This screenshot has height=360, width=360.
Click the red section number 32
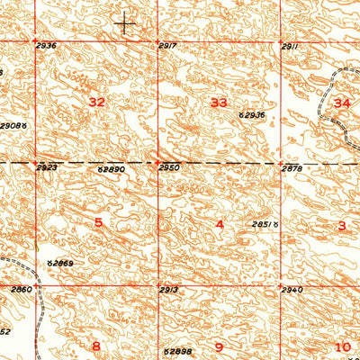click(x=97, y=103)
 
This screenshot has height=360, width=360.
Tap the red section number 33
click(x=219, y=103)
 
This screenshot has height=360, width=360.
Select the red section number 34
click(x=341, y=103)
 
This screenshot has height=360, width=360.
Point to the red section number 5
click(x=98, y=221)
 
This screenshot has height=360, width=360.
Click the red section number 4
click(x=219, y=223)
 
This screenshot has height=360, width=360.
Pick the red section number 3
click(x=341, y=225)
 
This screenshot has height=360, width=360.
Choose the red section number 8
click(x=96, y=346)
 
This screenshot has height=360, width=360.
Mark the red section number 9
click(x=218, y=346)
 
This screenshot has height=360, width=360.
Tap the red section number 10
click(x=342, y=346)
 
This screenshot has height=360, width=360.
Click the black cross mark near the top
click(x=125, y=24)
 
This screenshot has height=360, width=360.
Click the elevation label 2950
click(x=169, y=168)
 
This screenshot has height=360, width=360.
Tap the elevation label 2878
click(x=291, y=168)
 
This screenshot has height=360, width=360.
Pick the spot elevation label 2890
click(x=112, y=168)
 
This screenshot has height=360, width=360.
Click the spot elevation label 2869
click(x=61, y=262)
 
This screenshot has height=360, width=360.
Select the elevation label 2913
click(x=169, y=290)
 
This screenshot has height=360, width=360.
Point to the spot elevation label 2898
click(x=179, y=350)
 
